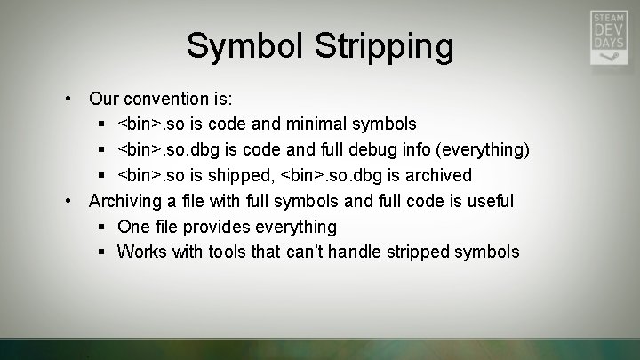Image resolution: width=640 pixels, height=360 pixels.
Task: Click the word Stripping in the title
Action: tap(383, 46)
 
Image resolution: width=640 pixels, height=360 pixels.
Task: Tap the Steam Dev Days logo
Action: tap(610, 37)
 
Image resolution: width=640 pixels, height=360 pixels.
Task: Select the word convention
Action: tap(167, 97)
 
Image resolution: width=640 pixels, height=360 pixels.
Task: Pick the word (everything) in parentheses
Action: tap(485, 148)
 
